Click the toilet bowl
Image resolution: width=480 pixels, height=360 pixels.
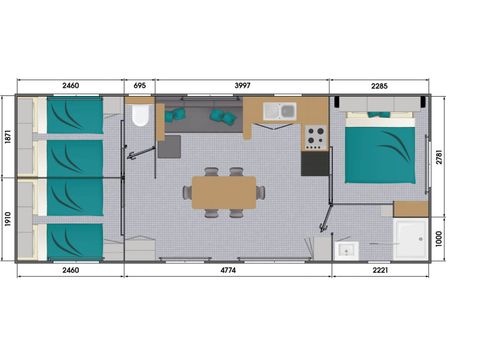tap(139, 117)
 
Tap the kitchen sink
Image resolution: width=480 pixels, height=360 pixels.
tap(282, 111)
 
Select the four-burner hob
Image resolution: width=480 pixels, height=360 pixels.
tap(314, 134)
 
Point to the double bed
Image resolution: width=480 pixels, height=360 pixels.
tap(379, 150)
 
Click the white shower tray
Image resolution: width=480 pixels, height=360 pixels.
tap(410, 240)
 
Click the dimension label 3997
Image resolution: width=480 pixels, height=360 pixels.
tap(243, 86)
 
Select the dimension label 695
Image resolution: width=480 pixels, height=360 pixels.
tap(139, 86)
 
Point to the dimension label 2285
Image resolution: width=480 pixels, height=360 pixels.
tap(380, 86)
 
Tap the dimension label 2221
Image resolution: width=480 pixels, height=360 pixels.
tap(380, 270)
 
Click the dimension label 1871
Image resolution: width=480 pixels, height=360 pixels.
tap(9, 136)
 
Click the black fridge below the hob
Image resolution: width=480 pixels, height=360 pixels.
tap(314, 162)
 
